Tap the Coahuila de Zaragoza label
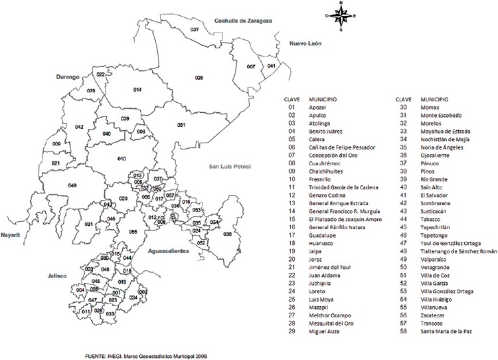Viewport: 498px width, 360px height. pyautogui.click(x=244, y=21)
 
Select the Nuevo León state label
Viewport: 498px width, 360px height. pyautogui.click(x=305, y=43)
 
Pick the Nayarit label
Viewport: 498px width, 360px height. pyautogui.click(x=11, y=235)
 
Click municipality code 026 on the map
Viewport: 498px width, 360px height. pyautogui.click(x=199, y=78)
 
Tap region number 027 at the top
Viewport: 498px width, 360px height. pyautogui.click(x=195, y=31)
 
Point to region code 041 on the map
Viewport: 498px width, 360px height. pyautogui.click(x=271, y=66)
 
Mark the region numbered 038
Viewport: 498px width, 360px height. pyautogui.click(x=228, y=234)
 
